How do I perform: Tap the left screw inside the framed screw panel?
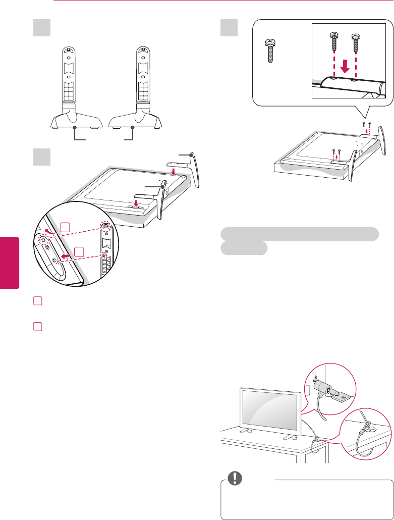[334, 43]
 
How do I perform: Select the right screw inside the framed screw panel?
[356, 43]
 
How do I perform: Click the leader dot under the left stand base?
[75, 128]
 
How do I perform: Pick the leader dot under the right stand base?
[133, 128]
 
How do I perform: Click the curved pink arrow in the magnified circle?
[48, 231]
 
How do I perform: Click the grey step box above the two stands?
[42, 28]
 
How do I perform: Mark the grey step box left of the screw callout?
[229, 28]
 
